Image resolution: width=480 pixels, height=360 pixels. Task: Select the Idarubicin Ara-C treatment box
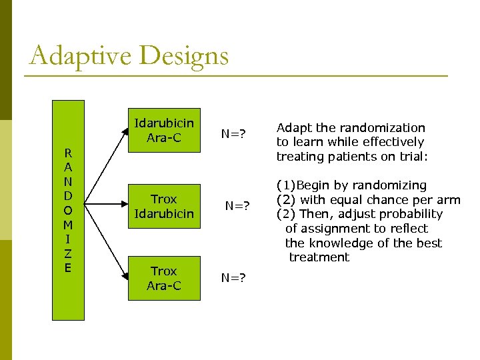(x=164, y=130)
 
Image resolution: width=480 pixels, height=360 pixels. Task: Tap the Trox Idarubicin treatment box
(x=164, y=206)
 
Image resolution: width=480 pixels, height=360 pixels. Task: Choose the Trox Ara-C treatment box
(x=164, y=278)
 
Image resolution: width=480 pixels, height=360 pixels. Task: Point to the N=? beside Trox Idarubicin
(x=237, y=206)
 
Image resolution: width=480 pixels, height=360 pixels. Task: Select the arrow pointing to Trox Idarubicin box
(x=107, y=201)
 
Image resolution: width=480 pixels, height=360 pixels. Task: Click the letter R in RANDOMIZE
(x=69, y=153)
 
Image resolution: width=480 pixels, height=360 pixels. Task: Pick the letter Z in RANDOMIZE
(x=69, y=254)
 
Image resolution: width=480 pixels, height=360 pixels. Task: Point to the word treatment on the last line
(x=319, y=257)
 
